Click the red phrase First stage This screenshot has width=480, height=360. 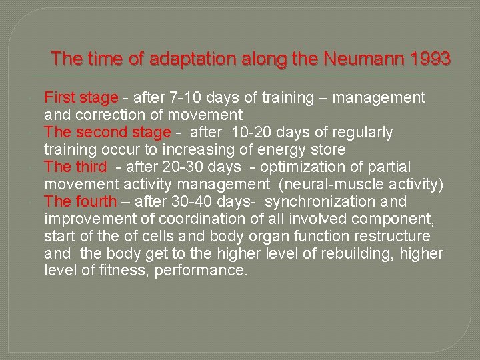(81, 98)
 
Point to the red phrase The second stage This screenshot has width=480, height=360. (107, 133)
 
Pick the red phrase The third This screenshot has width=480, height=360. (75, 167)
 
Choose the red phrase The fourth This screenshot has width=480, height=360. (80, 202)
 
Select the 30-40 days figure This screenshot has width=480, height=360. (188, 202)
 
